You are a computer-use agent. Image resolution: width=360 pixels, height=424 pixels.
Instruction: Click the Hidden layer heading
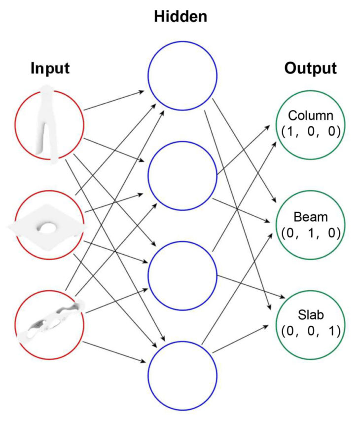(180, 18)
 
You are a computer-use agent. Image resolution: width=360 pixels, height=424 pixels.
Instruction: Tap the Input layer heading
(50, 69)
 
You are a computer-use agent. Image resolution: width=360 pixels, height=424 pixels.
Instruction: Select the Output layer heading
(310, 69)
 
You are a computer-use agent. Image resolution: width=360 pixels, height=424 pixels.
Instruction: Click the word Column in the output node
(311, 116)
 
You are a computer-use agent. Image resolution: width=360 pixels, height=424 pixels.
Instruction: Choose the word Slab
(311, 315)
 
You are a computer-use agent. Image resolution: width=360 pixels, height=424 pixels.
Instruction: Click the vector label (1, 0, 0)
(311, 132)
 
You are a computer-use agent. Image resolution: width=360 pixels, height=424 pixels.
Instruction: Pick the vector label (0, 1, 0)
(311, 232)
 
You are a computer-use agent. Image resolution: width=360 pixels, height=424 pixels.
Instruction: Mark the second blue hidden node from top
(182, 175)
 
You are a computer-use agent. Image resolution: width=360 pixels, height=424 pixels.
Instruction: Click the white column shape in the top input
(48, 123)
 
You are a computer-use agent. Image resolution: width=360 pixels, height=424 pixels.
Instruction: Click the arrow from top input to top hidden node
(114, 100)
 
